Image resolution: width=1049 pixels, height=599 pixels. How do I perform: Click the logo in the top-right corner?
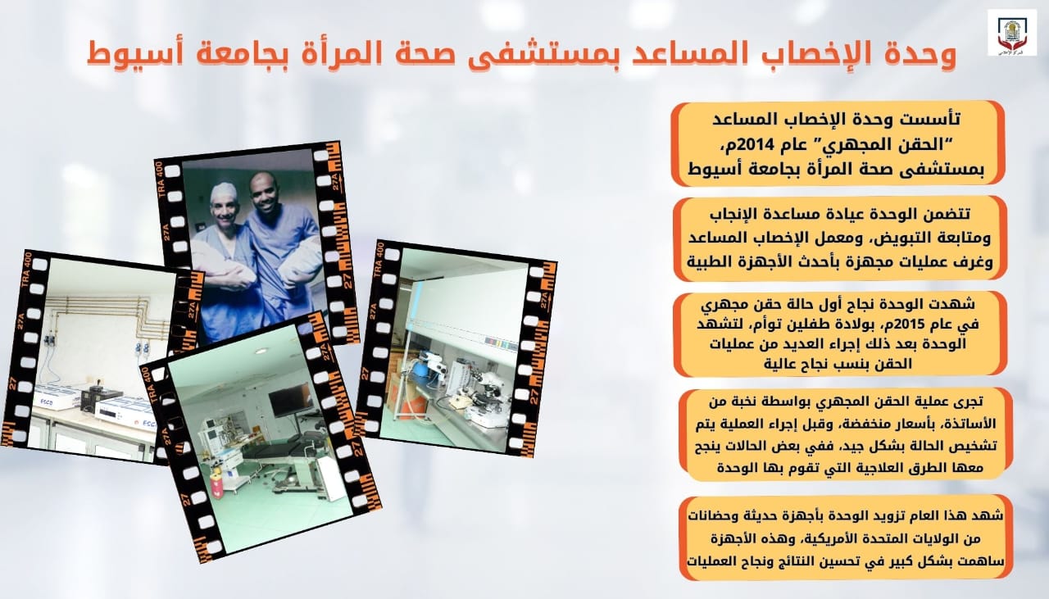click(x=1011, y=32)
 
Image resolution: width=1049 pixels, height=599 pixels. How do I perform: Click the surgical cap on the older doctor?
click(x=224, y=192)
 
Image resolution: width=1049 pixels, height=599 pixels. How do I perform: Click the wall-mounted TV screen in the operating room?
click(x=291, y=400)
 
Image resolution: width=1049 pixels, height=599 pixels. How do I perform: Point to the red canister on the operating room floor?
click(x=216, y=485)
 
